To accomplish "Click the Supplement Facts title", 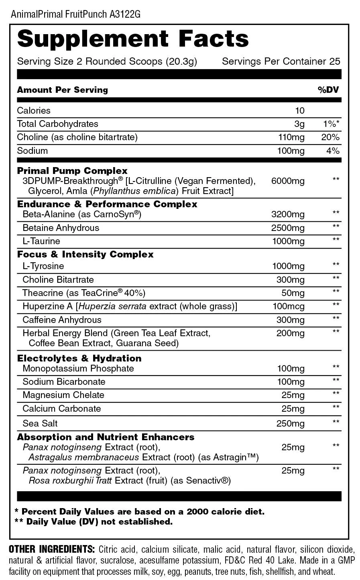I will [x=133, y=39].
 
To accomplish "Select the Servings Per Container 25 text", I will [x=281, y=61].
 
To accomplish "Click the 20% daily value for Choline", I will [x=330, y=137].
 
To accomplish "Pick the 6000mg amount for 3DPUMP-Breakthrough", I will [x=288, y=181].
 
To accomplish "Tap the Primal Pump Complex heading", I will [x=72, y=171].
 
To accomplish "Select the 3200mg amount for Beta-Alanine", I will [x=288, y=214].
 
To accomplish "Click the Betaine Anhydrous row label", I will [x=61, y=228].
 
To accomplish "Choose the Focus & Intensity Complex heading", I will [x=85, y=254].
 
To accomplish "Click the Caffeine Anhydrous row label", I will [x=62, y=320].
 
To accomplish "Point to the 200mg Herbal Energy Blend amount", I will [x=291, y=333].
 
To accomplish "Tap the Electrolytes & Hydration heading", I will [x=79, y=358].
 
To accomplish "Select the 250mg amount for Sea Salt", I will [x=291, y=423].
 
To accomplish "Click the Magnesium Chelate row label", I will [x=63, y=395].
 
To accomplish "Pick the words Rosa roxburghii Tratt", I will [x=71, y=480].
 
